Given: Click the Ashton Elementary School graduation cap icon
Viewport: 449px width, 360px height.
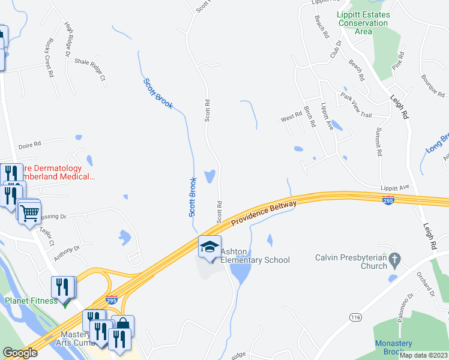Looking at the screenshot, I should [x=209, y=247].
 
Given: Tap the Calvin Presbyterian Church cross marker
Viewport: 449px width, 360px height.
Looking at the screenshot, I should [x=394, y=259].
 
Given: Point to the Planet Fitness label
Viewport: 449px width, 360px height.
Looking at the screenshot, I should [x=32, y=301].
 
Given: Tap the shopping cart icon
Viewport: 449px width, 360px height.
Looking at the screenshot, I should [x=29, y=212].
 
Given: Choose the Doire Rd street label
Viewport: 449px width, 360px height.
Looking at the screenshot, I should [x=29, y=144].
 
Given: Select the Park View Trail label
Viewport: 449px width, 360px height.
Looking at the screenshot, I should [x=357, y=105].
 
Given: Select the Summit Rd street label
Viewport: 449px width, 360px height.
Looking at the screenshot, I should [x=379, y=142].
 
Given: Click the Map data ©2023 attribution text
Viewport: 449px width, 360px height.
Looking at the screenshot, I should [x=423, y=355].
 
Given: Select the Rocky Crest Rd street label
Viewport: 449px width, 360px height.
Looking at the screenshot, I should [x=48, y=53].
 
